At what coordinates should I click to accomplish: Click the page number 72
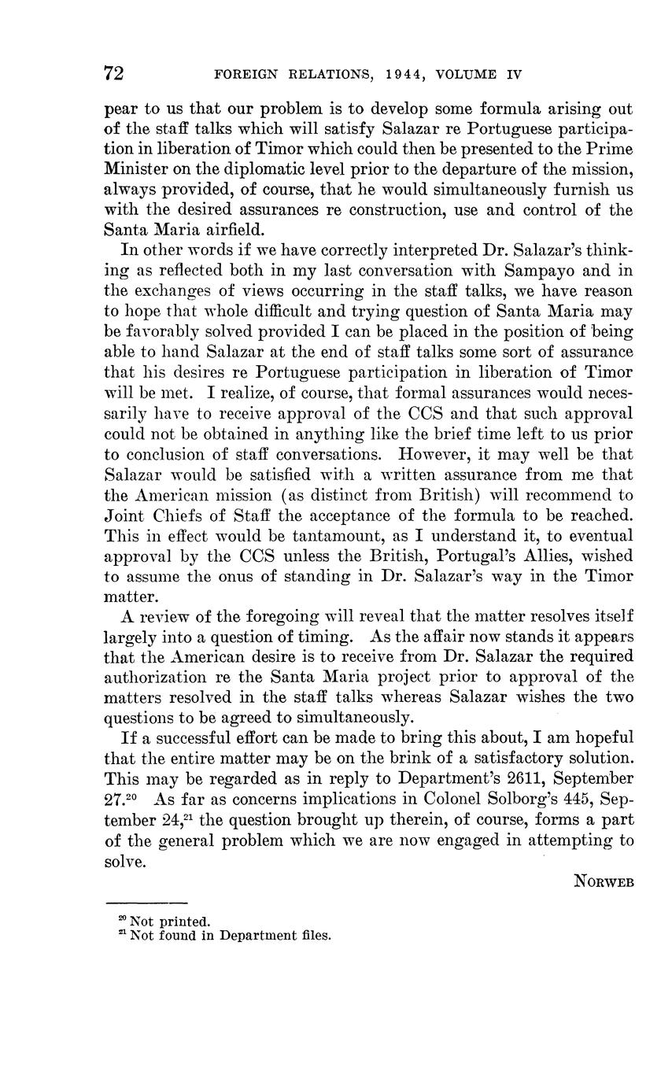tap(114, 74)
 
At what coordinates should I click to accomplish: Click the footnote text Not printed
tap(170, 922)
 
